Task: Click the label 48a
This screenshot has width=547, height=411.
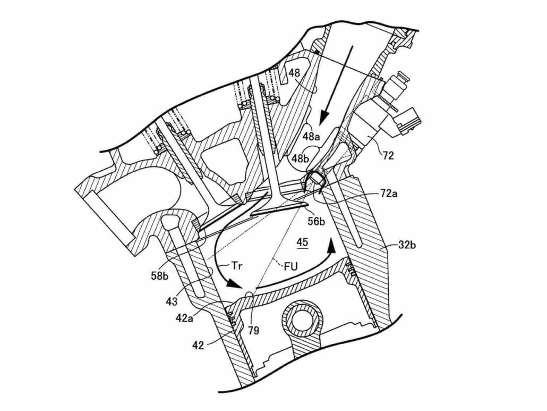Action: (312, 137)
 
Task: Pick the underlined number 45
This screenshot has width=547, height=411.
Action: (302, 243)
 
